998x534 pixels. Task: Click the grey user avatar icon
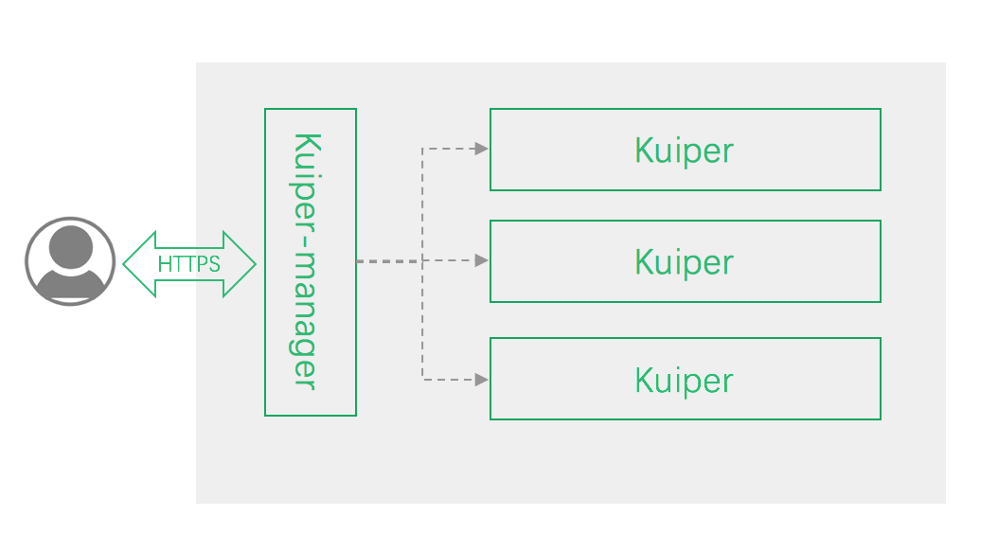(70, 261)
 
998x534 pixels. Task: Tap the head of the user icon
(70, 248)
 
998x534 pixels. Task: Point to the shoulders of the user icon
(70, 283)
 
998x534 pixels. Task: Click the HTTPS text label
(189, 264)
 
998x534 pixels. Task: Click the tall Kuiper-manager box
(311, 262)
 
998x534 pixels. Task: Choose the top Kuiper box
(685, 150)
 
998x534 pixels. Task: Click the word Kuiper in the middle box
(684, 262)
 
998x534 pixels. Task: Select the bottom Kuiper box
(685, 379)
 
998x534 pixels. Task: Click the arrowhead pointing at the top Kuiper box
(482, 149)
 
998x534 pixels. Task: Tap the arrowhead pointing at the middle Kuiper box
(482, 260)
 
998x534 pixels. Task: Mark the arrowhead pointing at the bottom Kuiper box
(482, 380)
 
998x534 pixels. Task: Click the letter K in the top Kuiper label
(643, 150)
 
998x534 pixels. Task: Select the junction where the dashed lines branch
(422, 260)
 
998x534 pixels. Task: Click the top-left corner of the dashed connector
(422, 149)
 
